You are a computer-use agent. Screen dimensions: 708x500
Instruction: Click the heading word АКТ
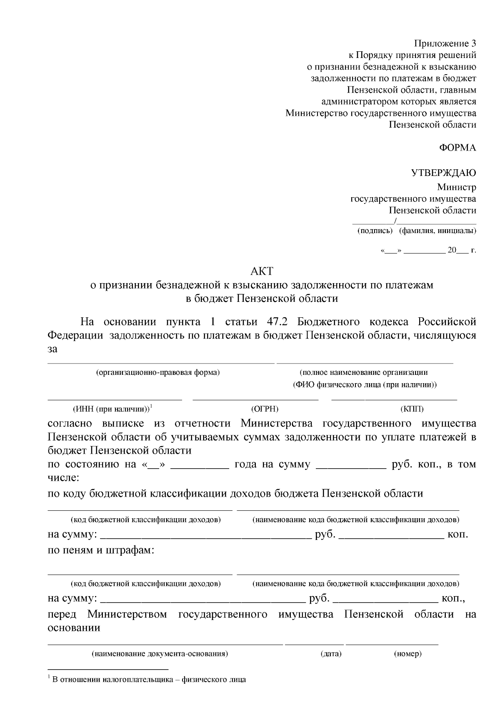[x=262, y=271]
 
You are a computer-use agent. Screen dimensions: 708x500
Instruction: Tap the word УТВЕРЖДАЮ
[x=444, y=173]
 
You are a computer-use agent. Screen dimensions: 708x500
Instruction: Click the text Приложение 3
[x=445, y=43]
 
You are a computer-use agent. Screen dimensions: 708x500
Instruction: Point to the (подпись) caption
[x=375, y=231]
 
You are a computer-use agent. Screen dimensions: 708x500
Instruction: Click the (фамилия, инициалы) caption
[x=437, y=231]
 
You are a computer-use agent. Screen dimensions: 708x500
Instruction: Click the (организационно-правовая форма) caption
[x=158, y=372]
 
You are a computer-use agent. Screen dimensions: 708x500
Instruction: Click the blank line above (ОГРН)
[x=255, y=400]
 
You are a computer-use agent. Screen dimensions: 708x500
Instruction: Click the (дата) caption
[x=331, y=654]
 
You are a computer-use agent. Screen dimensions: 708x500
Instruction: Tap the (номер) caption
[x=407, y=654]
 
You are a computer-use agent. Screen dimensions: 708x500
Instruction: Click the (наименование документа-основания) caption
[x=160, y=654]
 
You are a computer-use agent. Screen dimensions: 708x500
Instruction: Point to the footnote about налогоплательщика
[x=149, y=679]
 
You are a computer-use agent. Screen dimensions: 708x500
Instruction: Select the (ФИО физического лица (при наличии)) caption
[x=364, y=384]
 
